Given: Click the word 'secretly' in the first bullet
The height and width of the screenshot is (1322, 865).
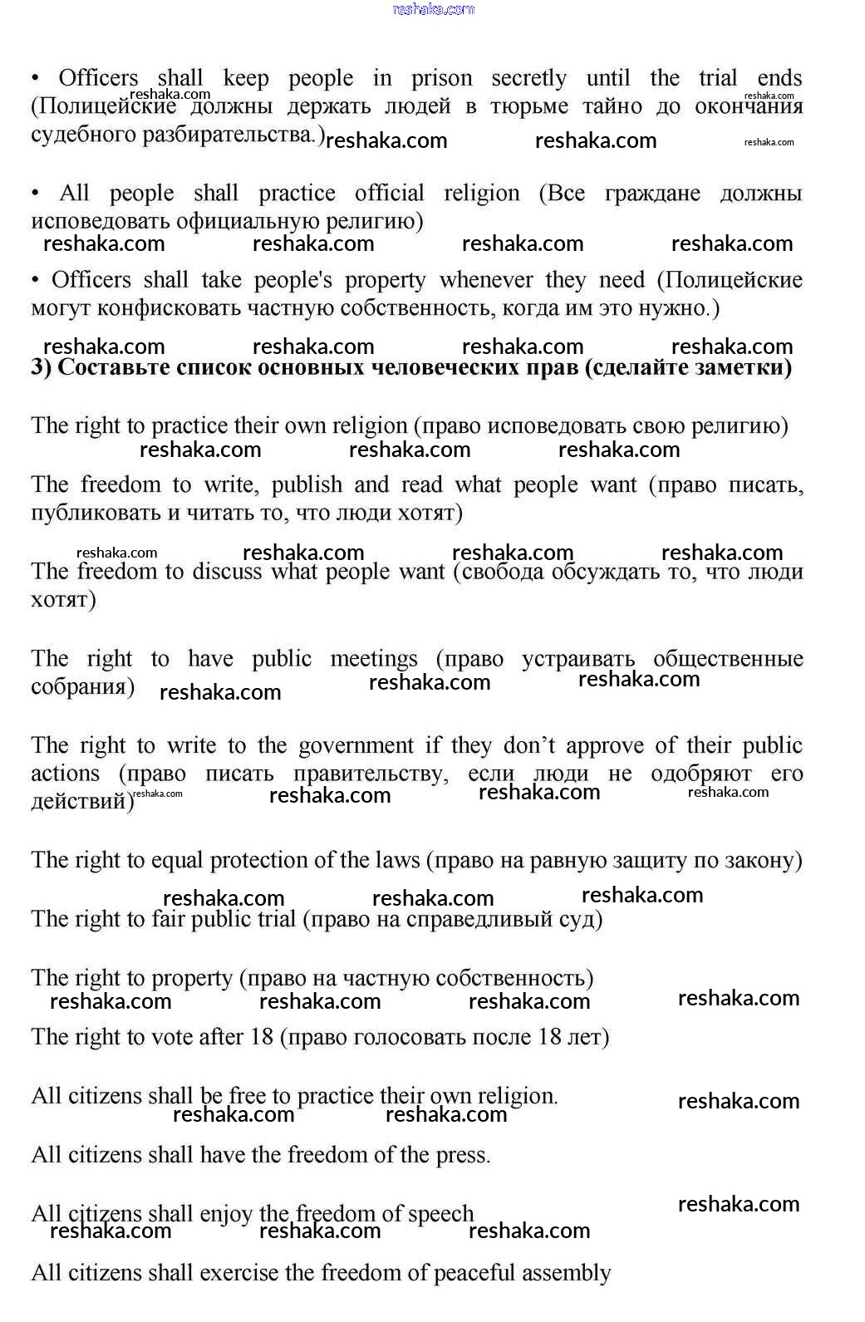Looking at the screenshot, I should tap(528, 79).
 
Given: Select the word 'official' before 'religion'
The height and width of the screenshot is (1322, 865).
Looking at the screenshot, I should tap(389, 194).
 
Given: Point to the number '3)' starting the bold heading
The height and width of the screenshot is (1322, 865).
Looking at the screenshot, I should tap(42, 367).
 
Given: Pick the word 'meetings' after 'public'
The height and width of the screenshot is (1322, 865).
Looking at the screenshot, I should tap(374, 659).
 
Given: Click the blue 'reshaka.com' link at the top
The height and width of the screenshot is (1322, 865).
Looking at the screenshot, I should tap(433, 9).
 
